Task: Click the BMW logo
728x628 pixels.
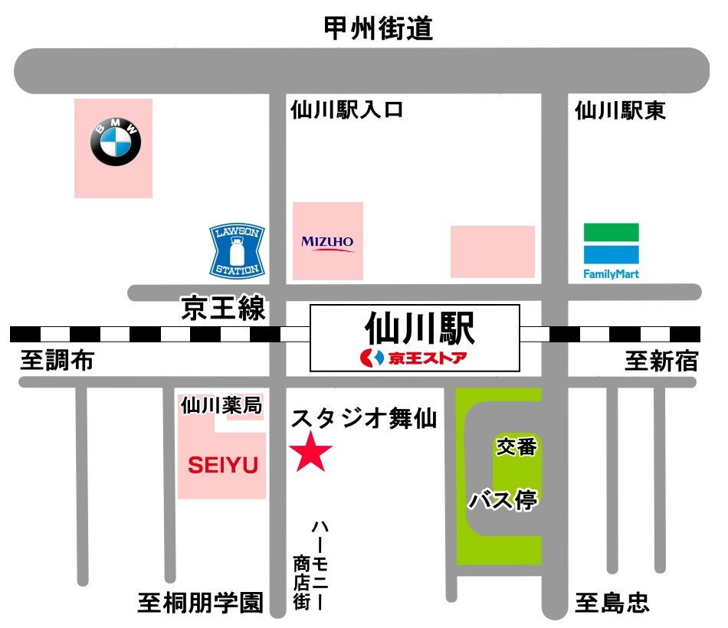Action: click(116, 141)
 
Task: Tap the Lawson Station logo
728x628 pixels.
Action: click(238, 250)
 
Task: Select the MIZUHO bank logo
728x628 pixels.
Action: click(328, 244)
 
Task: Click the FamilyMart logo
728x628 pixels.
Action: click(611, 251)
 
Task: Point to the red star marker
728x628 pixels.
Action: click(310, 452)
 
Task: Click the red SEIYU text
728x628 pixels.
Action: click(223, 465)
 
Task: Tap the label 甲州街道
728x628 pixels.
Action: click(379, 28)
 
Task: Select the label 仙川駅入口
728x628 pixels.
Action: click(347, 110)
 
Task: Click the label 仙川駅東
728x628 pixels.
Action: click(620, 110)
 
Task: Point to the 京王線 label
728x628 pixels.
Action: click(223, 308)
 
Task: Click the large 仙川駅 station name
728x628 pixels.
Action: click(420, 328)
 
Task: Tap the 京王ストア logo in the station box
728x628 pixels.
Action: click(413, 358)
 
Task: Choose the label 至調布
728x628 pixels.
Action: click(57, 360)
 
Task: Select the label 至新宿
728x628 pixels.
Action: click(661, 361)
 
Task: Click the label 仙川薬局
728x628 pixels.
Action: click(221, 405)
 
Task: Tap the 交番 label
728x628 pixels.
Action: click(516, 446)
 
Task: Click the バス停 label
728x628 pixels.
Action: click(503, 500)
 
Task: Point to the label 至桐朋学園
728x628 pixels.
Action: click(201, 603)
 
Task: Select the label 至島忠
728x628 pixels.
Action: click(612, 603)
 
